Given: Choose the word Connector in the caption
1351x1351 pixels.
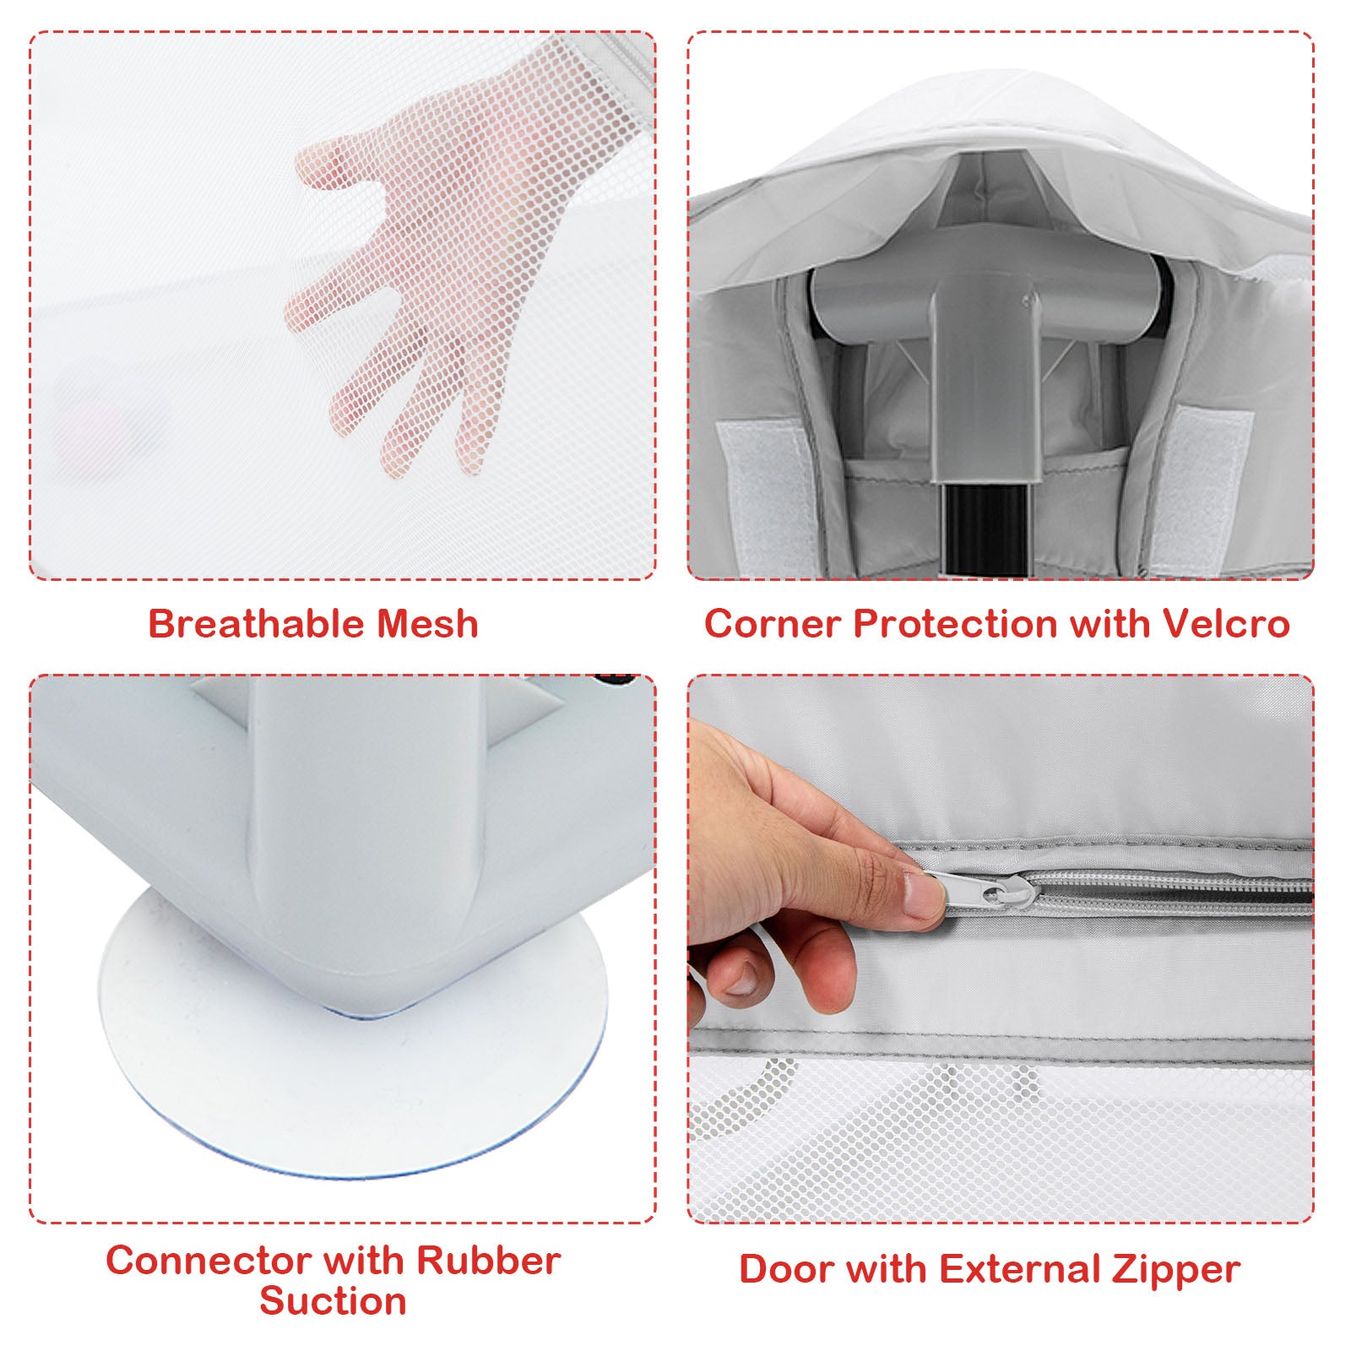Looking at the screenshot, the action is [214, 1261].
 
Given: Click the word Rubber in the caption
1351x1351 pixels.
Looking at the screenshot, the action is [489, 1261].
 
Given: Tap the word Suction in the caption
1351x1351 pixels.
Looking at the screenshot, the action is [333, 1301].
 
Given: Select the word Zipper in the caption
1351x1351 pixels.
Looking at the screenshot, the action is [1175, 1269].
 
